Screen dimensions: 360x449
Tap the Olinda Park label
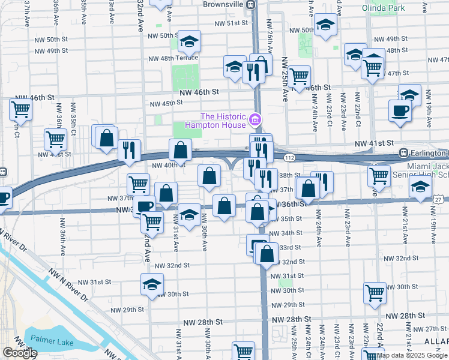pyautogui.click(x=383, y=8)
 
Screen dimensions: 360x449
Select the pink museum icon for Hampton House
pyautogui.click(x=255, y=120)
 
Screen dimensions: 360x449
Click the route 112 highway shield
pyautogui.click(x=290, y=157)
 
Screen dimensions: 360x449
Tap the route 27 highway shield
pyautogui.click(x=439, y=199)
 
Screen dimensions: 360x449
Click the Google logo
pyautogui.click(x=19, y=353)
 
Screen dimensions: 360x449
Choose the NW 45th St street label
pyautogui.click(x=166, y=103)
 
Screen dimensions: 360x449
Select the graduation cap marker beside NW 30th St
pyautogui.click(x=152, y=283)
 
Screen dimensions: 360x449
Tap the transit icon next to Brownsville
pyautogui.click(x=254, y=4)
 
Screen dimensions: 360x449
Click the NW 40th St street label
pyautogui.click(x=166, y=166)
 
